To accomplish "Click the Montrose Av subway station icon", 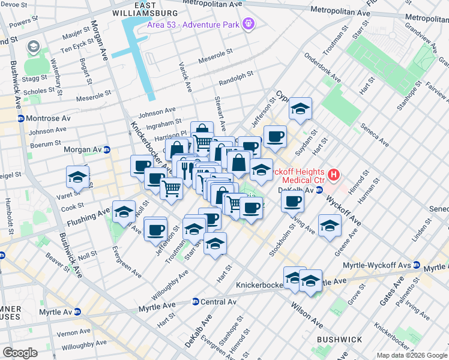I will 20,118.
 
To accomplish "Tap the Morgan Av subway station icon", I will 107,149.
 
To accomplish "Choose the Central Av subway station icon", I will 195,301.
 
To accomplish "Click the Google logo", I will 20,353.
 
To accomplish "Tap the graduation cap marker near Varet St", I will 77,177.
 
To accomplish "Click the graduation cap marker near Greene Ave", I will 330,226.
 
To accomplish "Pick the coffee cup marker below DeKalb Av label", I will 292,201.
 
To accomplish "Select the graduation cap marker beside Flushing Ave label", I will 124,211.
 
